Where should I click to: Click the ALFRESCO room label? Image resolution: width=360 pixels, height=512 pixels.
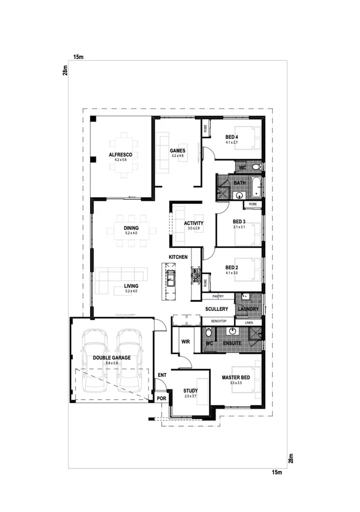pyautogui.click(x=121, y=155)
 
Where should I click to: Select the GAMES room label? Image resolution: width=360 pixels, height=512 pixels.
pyautogui.click(x=177, y=151)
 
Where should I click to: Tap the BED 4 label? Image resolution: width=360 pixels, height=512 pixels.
pyautogui.click(x=232, y=136)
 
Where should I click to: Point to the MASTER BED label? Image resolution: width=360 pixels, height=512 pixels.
pyautogui.click(x=236, y=377)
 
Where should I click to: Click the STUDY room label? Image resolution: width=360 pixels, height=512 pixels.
pyautogui.click(x=190, y=391)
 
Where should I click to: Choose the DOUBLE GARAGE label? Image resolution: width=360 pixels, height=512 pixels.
pyautogui.click(x=112, y=357)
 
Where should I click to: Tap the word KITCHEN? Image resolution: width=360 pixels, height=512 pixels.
pyautogui.click(x=178, y=257)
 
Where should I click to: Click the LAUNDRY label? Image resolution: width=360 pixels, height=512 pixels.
pyautogui.click(x=248, y=309)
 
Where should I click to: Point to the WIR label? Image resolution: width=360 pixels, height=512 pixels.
pyautogui.click(x=185, y=341)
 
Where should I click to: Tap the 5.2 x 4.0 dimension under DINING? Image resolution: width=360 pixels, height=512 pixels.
pyautogui.click(x=131, y=234)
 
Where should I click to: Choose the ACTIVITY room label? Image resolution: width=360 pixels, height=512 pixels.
pyautogui.click(x=193, y=223)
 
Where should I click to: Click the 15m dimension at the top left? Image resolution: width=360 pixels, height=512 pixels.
pyautogui.click(x=79, y=57)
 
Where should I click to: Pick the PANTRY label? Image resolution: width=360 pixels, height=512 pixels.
pyautogui.click(x=217, y=296)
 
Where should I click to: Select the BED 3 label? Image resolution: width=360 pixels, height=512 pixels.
pyautogui.click(x=239, y=222)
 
